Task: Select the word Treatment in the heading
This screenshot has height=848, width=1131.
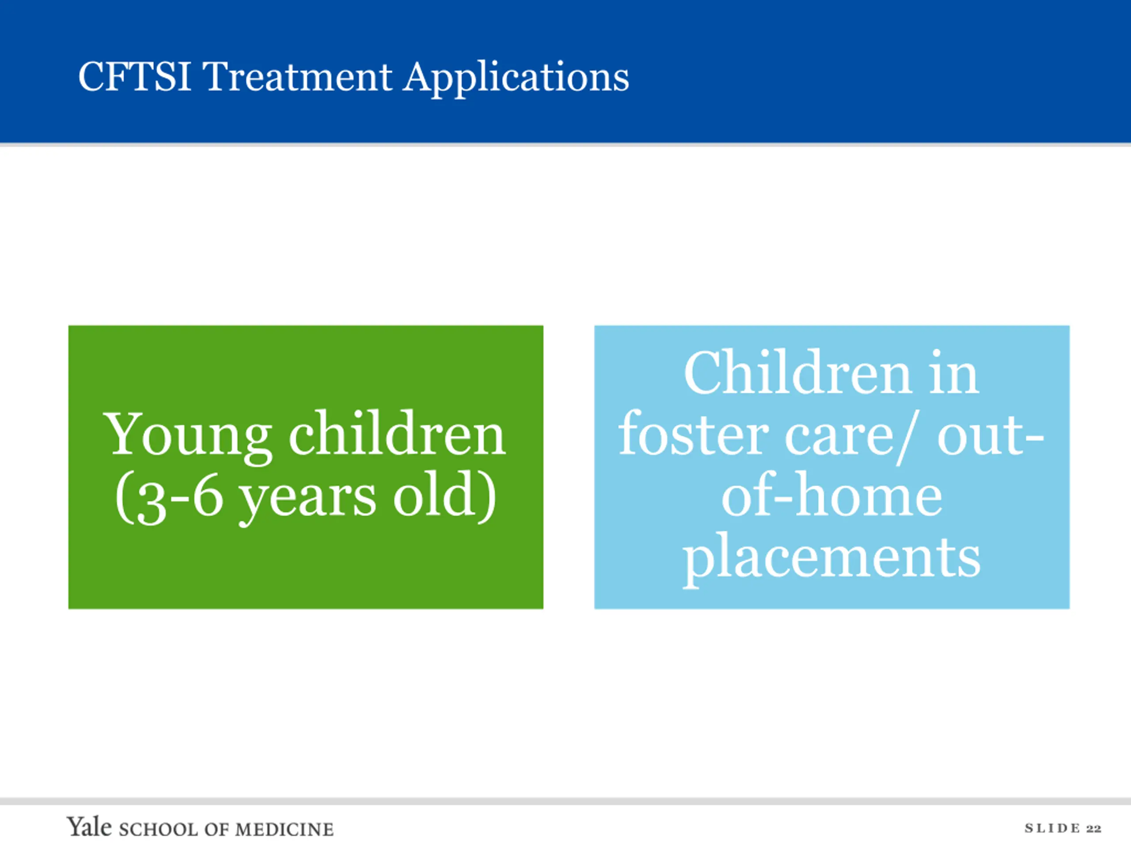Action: point(298,77)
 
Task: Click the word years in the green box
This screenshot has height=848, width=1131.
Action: point(307,500)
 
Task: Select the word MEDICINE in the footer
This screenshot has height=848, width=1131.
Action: point(284,829)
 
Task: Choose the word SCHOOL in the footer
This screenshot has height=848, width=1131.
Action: point(159,829)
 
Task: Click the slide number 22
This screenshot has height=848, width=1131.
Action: point(1094,829)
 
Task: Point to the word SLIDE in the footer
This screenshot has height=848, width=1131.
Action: point(1052,829)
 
